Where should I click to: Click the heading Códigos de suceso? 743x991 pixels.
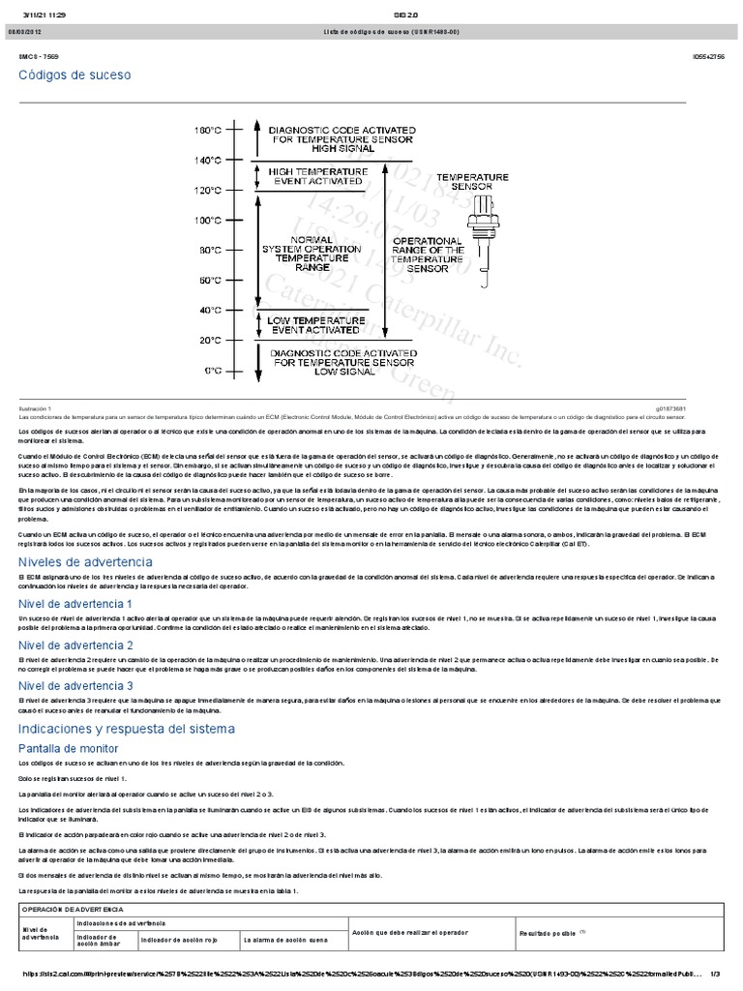[74, 75]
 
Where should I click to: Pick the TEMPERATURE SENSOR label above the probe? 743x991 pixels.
[472, 181]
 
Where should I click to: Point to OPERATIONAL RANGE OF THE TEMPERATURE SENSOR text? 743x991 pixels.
[428, 255]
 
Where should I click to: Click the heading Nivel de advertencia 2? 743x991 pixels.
[75, 645]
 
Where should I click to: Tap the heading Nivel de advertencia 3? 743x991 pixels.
[75, 685]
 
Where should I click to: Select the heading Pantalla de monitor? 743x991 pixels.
[69, 748]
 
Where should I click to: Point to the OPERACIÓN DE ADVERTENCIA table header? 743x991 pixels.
[74, 911]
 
